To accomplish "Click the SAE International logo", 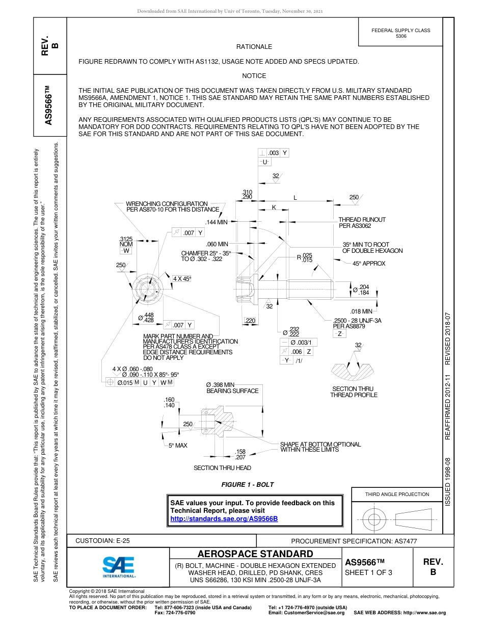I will (118, 566).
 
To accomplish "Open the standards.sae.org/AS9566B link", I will (224, 518).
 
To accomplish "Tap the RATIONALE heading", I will (254, 47).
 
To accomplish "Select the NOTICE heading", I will (254, 76).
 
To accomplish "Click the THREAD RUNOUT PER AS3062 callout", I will (362, 222).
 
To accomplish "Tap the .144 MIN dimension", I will (216, 222).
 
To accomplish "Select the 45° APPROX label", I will (369, 264).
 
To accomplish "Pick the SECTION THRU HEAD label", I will (222, 468).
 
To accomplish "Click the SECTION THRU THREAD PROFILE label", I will (354, 392).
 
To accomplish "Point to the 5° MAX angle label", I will (178, 446).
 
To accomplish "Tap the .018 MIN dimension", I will (361, 311).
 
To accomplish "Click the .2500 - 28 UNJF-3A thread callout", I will (357, 320).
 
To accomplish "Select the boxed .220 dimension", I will (250, 320).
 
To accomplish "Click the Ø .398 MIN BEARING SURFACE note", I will (232, 388).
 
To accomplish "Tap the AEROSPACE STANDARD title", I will (255, 554).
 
